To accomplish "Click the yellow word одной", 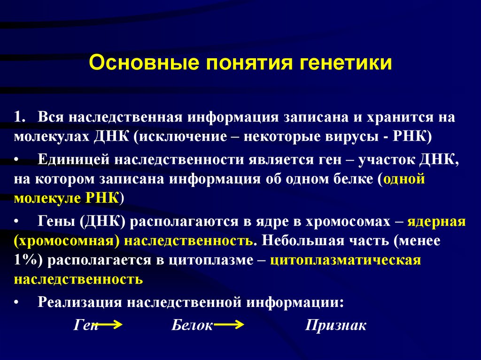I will click(404, 179).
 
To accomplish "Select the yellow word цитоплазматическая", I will click(345, 260).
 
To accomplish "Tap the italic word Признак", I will click(335, 325).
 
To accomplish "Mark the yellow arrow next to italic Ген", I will click(111, 324).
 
